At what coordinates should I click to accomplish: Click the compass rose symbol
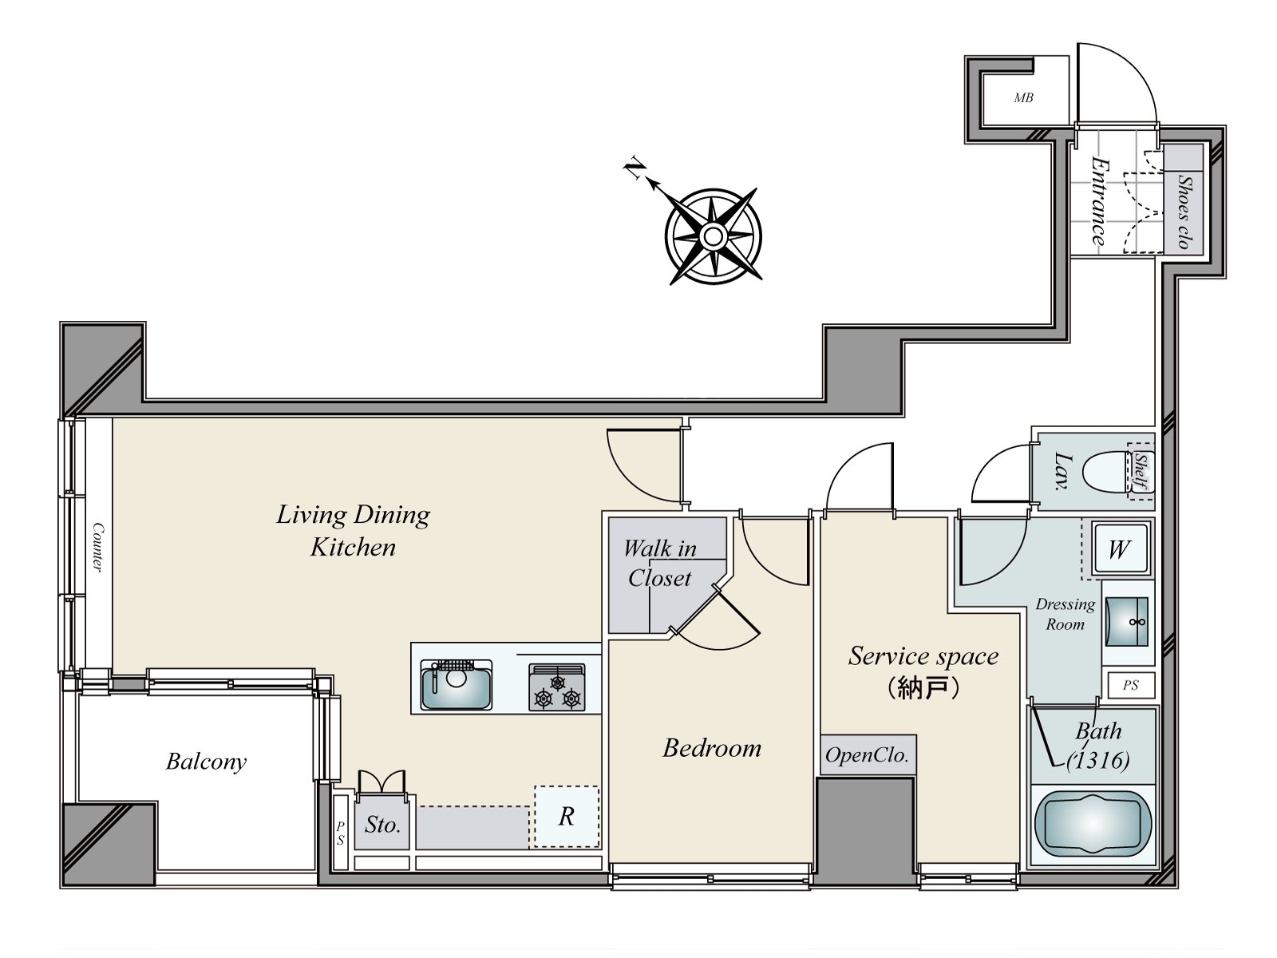click(x=713, y=236)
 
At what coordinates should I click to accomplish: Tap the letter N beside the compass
click(x=635, y=169)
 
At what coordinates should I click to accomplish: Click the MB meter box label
click(x=1023, y=98)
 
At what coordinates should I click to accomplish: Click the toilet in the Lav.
click(x=1106, y=472)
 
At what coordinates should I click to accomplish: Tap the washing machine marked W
click(x=1119, y=549)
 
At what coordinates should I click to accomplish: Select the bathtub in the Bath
click(x=1093, y=825)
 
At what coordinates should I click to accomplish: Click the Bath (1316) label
click(x=1098, y=745)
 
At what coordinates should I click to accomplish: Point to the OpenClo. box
click(x=868, y=755)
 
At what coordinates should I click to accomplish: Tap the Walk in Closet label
click(x=659, y=563)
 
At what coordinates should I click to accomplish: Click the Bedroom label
click(x=712, y=748)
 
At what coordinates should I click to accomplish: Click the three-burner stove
click(x=557, y=688)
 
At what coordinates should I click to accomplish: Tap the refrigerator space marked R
click(x=566, y=816)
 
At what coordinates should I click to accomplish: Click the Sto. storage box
click(x=382, y=824)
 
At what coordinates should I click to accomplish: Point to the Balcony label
click(x=206, y=762)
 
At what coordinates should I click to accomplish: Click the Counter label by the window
click(x=97, y=547)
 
